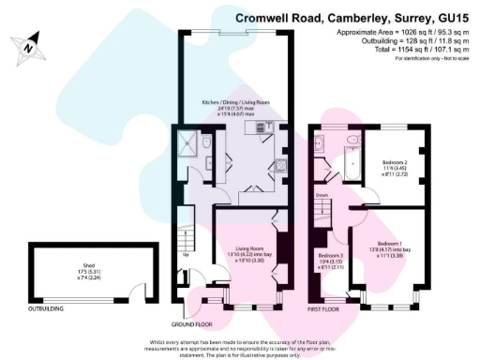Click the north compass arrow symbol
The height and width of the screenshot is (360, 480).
point(31,43)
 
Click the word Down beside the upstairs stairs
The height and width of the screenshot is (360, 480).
point(322,196)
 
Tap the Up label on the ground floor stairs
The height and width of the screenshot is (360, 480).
point(185,255)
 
